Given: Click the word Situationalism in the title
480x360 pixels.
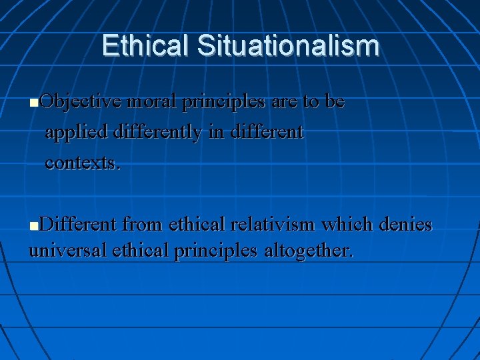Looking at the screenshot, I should click(289, 46).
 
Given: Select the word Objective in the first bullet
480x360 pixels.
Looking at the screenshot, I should click(81, 102).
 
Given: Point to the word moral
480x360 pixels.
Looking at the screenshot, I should click(153, 102).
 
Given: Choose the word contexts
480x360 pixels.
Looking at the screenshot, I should click(83, 163).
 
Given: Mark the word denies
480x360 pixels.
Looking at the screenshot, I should click(405, 224).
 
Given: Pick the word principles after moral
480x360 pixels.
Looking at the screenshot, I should click(225, 103).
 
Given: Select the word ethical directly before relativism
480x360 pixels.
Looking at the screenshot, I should click(197, 224).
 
